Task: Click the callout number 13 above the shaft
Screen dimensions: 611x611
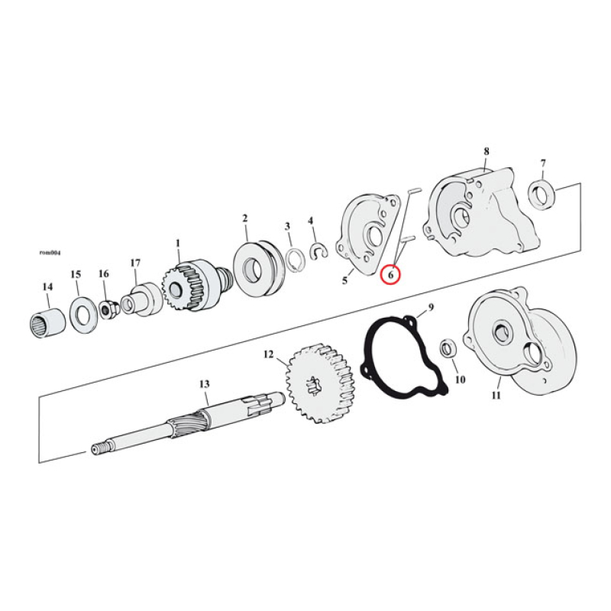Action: [x=204, y=383]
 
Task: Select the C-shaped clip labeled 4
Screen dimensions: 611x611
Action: [x=318, y=250]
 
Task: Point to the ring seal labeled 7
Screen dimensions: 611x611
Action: [x=543, y=192]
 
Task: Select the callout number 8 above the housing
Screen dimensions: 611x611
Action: [x=486, y=151]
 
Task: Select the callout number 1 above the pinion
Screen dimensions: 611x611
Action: [x=178, y=244]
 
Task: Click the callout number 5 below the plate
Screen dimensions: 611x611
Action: [x=344, y=280]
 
